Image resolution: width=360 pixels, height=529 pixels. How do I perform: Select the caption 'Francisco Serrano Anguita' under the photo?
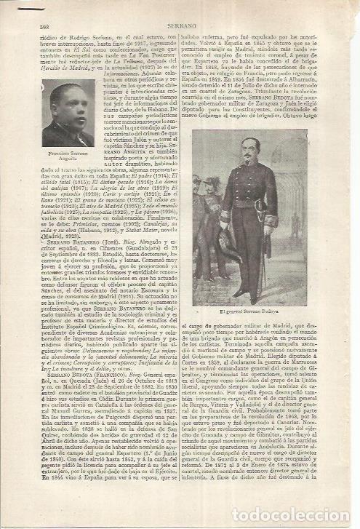tap(67, 155)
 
